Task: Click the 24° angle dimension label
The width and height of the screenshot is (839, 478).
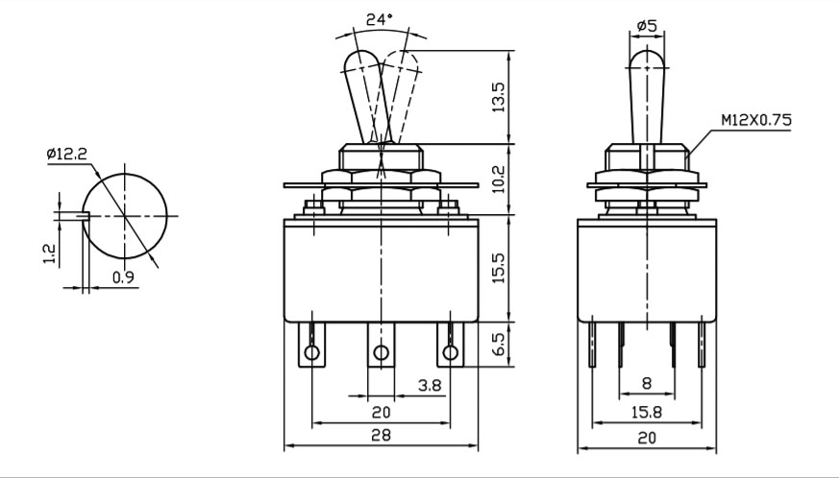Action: coord(380,20)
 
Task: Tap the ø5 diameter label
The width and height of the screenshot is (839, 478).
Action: coord(647,25)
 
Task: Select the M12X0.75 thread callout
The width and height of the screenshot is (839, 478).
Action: coord(756,120)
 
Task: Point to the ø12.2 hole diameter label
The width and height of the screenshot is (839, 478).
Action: coord(66,155)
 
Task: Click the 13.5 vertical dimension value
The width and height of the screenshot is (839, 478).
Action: coord(498,97)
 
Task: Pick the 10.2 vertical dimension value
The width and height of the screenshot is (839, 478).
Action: coord(498,179)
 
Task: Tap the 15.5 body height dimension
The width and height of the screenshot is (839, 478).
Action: coord(498,268)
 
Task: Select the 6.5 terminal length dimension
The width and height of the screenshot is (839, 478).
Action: coord(498,345)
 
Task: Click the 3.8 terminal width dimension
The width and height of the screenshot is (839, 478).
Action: coord(431,385)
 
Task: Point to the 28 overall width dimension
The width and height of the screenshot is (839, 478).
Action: coord(381,435)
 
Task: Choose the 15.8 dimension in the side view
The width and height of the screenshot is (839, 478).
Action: coord(647,412)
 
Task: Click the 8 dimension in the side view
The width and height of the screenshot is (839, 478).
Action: coord(647,383)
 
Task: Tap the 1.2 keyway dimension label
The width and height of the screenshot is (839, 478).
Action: coord(49,254)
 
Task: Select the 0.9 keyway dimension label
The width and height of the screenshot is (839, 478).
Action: coord(123,277)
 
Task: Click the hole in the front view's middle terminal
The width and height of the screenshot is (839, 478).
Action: coord(381,352)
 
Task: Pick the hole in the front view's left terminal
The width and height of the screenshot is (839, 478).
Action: coord(311,352)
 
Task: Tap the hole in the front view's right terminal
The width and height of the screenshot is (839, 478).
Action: coord(451,352)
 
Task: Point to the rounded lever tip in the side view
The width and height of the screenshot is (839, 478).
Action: coord(648,59)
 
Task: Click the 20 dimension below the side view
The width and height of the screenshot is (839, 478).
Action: coord(647,438)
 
